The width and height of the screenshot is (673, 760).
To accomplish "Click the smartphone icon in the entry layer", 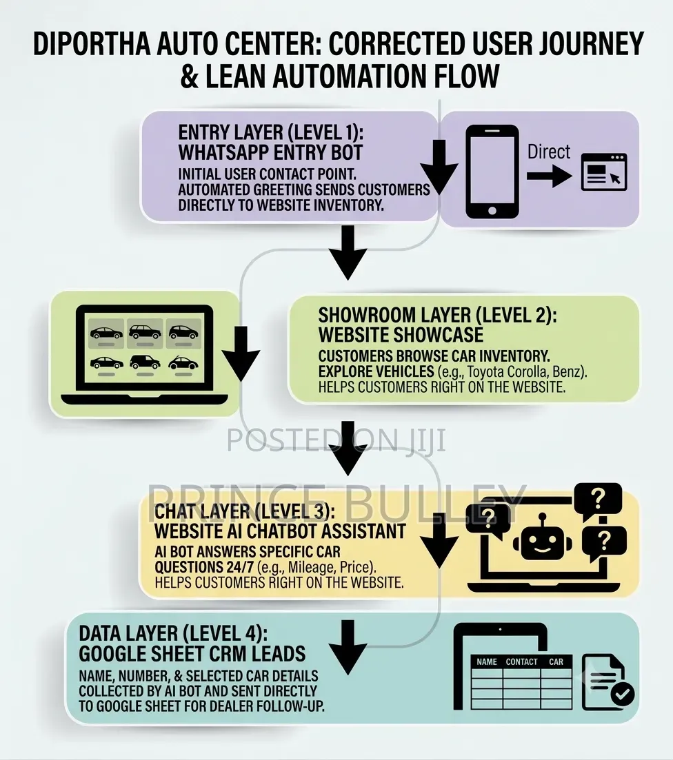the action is [x=492, y=172].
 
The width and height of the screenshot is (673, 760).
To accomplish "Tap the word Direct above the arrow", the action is [x=549, y=152].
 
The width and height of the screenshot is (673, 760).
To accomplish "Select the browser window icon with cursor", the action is [x=604, y=172].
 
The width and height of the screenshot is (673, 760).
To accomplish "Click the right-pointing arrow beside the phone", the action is [x=549, y=176].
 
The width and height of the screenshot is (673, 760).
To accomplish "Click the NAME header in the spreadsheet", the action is [x=487, y=661].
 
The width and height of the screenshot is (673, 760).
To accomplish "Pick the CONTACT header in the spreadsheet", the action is [x=521, y=661].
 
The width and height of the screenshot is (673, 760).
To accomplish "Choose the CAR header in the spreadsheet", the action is [x=556, y=661].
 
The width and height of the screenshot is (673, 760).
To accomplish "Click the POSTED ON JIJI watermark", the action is [x=336, y=440].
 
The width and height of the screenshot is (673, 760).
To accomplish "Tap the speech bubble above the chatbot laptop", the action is [x=598, y=500].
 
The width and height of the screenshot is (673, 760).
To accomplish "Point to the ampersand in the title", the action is [x=189, y=76].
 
